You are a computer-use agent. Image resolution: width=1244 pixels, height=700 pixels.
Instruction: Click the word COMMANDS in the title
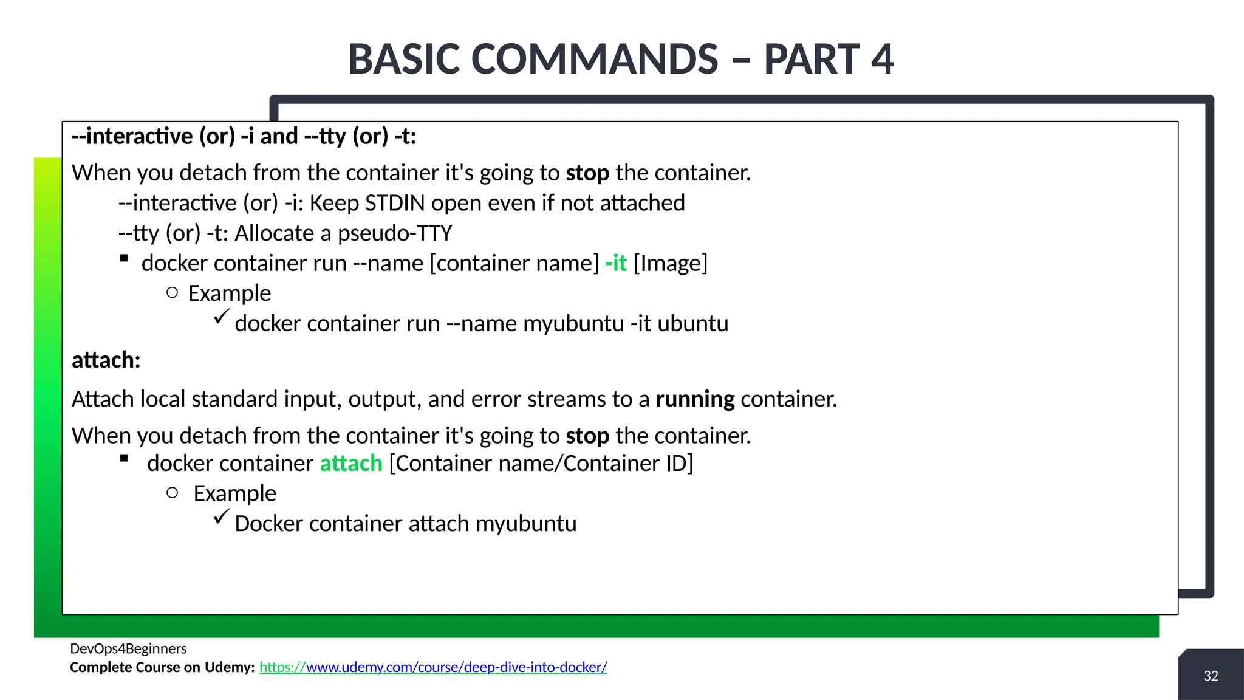tap(595, 60)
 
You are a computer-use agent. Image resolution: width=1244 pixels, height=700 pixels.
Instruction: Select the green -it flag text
tap(616, 263)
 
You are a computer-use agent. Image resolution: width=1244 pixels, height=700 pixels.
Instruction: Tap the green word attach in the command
tap(351, 464)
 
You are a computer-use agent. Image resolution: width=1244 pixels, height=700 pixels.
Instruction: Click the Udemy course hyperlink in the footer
tap(433, 667)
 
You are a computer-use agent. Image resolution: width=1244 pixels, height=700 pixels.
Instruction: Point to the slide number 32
tap(1211, 676)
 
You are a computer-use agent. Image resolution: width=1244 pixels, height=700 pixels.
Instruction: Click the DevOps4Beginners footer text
tap(128, 648)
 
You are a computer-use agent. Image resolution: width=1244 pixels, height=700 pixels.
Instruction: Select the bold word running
tap(695, 399)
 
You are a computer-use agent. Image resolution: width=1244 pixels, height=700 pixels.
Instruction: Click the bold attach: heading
tap(106, 360)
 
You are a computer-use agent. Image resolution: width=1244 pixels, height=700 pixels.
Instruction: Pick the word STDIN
tap(395, 203)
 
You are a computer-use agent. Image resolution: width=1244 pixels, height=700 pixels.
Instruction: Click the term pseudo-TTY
tap(395, 233)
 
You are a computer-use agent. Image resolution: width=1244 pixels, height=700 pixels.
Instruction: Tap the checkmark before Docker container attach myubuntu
tap(221, 517)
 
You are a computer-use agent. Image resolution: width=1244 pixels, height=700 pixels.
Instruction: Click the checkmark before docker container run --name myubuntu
tap(221, 317)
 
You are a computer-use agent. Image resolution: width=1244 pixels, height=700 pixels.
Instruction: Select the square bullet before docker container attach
tap(124, 459)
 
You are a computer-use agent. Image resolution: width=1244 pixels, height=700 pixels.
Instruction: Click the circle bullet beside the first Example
tap(172, 293)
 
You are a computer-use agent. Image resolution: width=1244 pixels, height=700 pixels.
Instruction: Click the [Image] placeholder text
tap(671, 263)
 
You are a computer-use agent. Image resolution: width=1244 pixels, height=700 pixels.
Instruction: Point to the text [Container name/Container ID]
tap(541, 464)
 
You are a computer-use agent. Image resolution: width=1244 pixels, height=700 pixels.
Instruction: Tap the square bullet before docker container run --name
tap(124, 258)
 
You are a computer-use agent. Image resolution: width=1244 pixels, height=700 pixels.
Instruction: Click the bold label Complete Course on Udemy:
tap(162, 667)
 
